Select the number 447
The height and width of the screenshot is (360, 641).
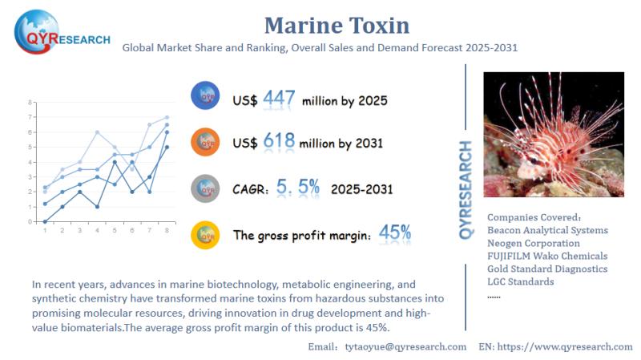click(279, 99)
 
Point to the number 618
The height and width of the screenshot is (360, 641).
click(279, 142)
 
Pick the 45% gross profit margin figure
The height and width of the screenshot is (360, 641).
click(395, 233)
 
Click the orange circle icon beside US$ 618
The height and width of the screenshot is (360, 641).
click(206, 142)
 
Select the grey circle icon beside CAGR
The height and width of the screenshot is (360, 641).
click(206, 188)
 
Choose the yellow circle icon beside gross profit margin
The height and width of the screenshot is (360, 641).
click(206, 235)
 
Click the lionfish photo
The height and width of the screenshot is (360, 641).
click(554, 135)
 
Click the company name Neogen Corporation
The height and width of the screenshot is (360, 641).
click(534, 243)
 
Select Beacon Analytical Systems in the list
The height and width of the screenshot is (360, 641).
click(547, 230)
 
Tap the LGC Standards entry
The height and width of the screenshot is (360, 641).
click(520, 281)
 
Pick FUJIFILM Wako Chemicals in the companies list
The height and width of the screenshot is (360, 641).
click(547, 256)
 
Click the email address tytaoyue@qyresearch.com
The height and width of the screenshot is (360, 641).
click(405, 346)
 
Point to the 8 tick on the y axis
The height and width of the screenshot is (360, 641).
click(30, 103)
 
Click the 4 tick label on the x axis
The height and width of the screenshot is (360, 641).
click(97, 231)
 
